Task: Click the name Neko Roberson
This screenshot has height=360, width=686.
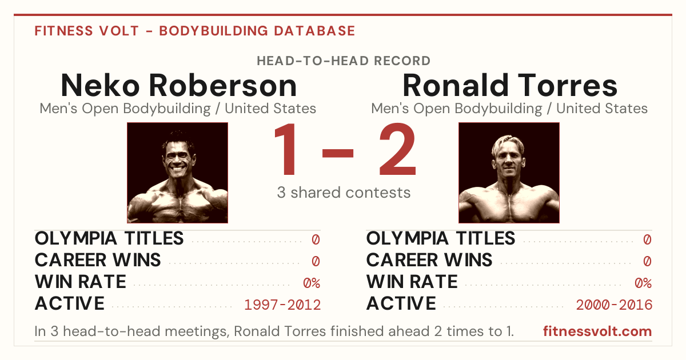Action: pyautogui.click(x=179, y=85)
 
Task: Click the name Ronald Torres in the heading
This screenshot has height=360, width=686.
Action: pyautogui.click(x=510, y=85)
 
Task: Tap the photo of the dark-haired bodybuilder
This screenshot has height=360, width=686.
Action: pyautogui.click(x=178, y=173)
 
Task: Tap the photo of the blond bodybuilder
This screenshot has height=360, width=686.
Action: pyautogui.click(x=509, y=173)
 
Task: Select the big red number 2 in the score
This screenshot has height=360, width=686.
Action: pyautogui.click(x=397, y=149)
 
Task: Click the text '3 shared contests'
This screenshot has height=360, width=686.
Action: pyautogui.click(x=344, y=193)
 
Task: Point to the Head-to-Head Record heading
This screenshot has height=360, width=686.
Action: pyautogui.click(x=344, y=61)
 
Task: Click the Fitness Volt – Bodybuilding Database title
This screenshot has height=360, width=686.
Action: pyautogui.click(x=195, y=31)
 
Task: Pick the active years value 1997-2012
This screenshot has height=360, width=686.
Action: pyautogui.click(x=282, y=305)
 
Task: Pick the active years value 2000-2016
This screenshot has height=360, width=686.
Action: pyautogui.click(x=614, y=305)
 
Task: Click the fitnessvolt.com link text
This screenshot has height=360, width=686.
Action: pyautogui.click(x=597, y=331)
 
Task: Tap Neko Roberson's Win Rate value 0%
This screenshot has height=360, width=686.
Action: pyautogui.click(x=312, y=283)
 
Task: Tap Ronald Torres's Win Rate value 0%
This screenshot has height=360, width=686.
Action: pyautogui.click(x=643, y=283)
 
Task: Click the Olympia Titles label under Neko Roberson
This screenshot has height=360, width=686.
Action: pyautogui.click(x=109, y=238)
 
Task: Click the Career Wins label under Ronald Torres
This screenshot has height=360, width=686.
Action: pyautogui.click(x=429, y=260)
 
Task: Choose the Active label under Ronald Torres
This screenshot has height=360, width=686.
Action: pyautogui.click(x=401, y=303)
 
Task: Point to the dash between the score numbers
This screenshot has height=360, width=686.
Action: pyautogui.click(x=338, y=153)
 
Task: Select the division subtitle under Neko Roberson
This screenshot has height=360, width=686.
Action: pyautogui.click(x=178, y=109)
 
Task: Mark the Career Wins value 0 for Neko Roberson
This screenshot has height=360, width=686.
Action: pyautogui.click(x=316, y=262)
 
